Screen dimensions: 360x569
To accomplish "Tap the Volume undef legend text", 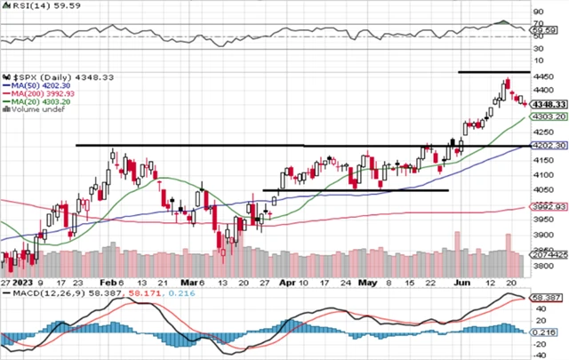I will tap(33, 109).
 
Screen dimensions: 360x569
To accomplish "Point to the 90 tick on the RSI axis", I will tap(537, 13).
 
